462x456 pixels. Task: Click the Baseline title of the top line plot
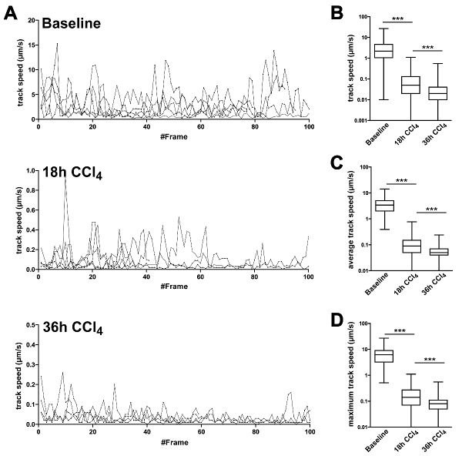[72, 23]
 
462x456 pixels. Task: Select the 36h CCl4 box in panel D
[437, 404]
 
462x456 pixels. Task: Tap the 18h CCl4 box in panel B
[410, 85]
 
